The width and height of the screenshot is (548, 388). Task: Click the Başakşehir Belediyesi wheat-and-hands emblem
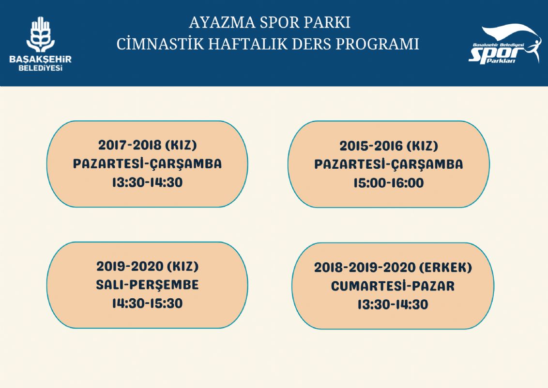[41, 34]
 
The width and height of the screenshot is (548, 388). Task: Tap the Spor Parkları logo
[504, 44]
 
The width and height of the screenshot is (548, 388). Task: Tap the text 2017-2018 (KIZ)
[148, 145]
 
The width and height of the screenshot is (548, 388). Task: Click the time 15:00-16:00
[389, 183]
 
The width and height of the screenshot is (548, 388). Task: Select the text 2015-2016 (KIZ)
[389, 145]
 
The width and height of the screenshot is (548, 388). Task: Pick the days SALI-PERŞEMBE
[148, 285]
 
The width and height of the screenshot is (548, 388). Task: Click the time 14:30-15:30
[148, 303]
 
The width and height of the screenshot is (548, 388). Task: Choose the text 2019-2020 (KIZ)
[148, 266]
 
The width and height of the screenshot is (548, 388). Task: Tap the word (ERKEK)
[445, 268]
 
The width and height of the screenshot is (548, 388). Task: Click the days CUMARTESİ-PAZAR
[393, 286]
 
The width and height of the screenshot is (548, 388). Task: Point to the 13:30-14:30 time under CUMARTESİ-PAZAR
[393, 304]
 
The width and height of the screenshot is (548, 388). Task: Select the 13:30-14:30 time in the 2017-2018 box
[148, 182]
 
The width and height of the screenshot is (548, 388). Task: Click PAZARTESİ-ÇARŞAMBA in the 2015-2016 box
[389, 164]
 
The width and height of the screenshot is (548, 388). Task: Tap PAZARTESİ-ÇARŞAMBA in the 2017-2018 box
[148, 163]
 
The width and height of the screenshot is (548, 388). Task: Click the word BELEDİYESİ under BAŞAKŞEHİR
[41, 68]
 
